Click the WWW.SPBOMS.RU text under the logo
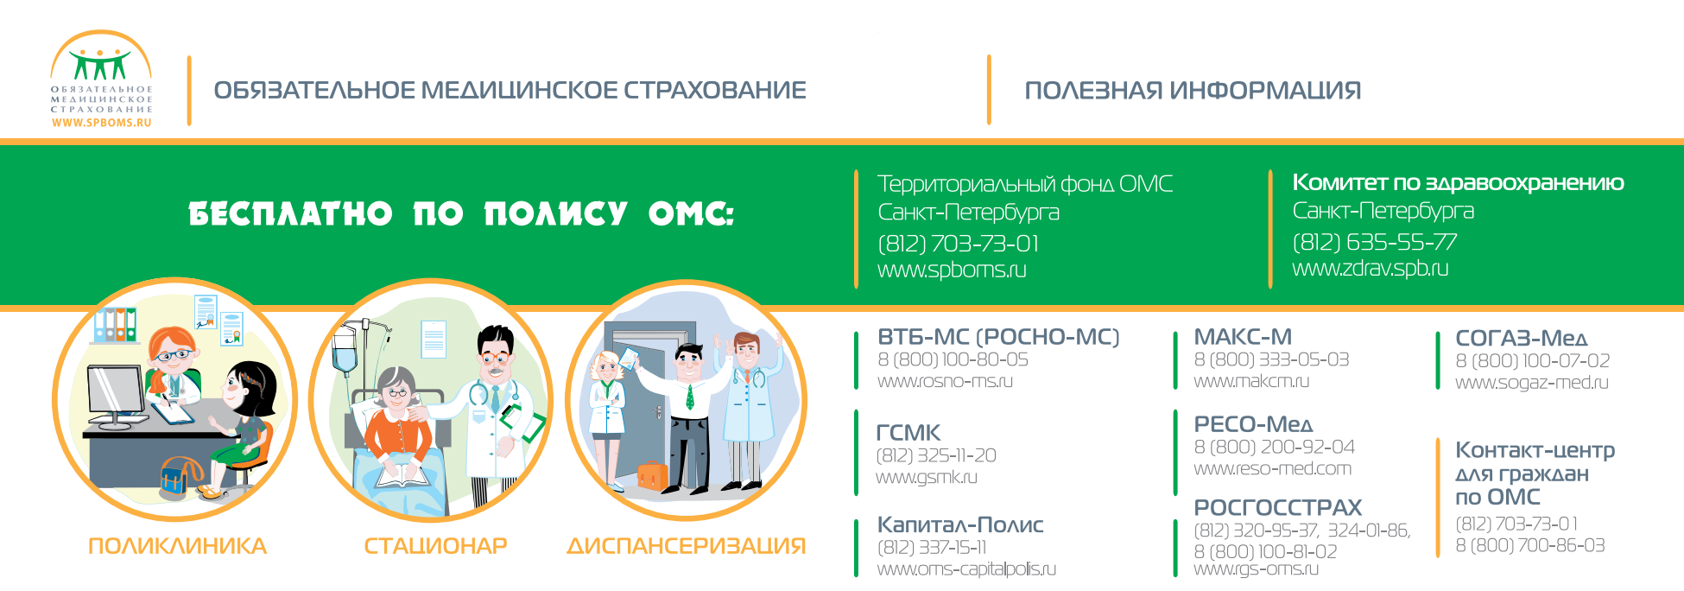(x=101, y=123)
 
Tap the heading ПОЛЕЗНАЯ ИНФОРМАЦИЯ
(x=1193, y=91)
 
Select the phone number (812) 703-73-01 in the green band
(x=958, y=244)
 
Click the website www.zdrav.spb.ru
(x=1370, y=268)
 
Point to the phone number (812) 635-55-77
(x=1374, y=242)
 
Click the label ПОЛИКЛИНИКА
(x=177, y=546)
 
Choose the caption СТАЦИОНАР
(x=435, y=546)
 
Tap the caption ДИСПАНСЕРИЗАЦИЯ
(x=686, y=546)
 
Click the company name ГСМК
(x=908, y=433)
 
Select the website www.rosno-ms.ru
(x=945, y=381)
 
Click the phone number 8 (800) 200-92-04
(x=1274, y=447)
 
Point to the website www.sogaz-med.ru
(x=1531, y=383)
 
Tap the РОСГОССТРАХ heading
(x=1277, y=507)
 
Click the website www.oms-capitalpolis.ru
(x=966, y=569)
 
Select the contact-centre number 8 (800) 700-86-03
(x=1529, y=545)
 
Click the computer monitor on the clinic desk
(x=116, y=396)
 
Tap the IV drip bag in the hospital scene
(x=345, y=349)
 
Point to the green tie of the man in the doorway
(x=690, y=397)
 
